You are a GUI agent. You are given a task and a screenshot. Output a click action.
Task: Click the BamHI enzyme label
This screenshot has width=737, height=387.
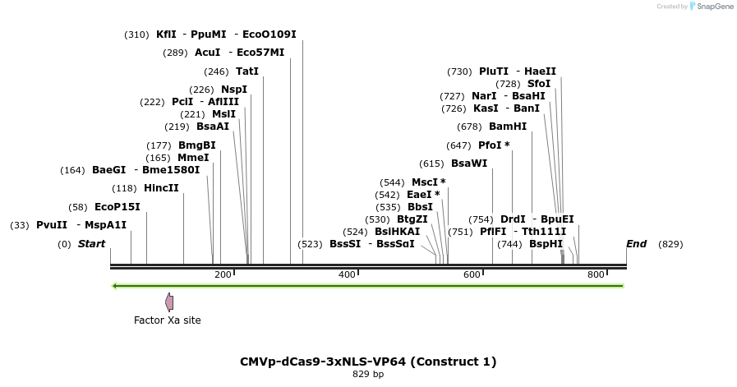point(507,127)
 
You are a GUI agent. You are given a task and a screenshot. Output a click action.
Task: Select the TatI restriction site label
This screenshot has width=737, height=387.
point(246,71)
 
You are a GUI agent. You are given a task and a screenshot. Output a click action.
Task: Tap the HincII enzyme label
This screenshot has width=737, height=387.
point(161,188)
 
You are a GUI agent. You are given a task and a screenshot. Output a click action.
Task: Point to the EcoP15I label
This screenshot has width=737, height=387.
point(117,207)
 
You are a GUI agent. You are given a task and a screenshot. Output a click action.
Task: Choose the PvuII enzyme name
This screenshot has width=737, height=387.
point(52,225)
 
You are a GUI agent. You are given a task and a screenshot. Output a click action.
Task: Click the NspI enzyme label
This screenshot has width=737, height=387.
point(234,90)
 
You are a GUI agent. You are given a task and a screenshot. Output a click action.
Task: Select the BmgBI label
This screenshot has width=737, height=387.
point(196,145)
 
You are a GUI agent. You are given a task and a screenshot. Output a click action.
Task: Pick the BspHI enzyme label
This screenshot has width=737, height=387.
point(546,244)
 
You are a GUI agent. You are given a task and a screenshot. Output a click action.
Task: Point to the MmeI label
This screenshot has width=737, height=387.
point(193,158)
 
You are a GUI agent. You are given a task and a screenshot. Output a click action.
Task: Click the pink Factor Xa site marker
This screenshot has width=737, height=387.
point(169,302)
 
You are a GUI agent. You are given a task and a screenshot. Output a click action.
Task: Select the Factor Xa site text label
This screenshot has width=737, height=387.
point(168,320)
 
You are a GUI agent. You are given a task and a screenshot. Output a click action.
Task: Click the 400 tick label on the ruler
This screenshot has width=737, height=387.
point(347,274)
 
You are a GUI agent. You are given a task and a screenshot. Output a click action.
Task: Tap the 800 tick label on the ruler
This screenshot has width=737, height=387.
point(596,274)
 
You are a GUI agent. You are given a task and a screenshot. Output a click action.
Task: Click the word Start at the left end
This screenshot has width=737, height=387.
point(91,244)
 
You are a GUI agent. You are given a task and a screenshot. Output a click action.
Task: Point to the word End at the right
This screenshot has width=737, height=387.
point(636,244)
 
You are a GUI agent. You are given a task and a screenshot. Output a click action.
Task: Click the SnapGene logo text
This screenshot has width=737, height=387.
point(711,7)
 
